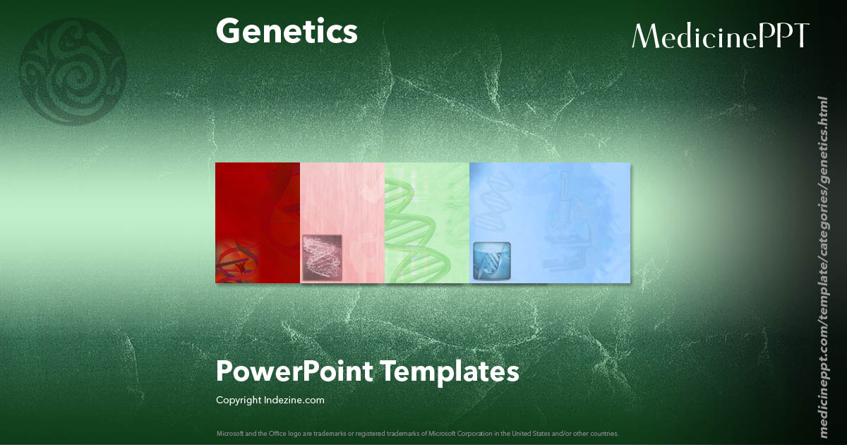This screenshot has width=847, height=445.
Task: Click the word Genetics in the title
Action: [287, 32]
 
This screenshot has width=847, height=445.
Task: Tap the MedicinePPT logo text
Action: [720, 36]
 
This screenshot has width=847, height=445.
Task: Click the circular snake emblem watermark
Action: [72, 71]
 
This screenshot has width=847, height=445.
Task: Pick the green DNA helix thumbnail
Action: [426, 222]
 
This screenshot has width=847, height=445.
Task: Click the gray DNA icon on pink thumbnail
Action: [322, 257]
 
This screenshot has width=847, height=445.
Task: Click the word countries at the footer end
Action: [605, 433]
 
